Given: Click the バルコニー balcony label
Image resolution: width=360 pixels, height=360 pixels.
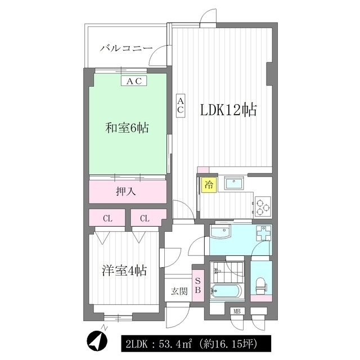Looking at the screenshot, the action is point(126,48).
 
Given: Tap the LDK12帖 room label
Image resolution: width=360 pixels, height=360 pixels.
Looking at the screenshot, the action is point(229,110).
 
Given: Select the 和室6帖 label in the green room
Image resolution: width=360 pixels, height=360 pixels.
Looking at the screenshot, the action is point(127,128).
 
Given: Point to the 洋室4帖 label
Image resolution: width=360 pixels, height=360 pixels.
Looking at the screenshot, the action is point(124,271).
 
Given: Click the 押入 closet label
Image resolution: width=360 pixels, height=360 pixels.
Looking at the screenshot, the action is point(126,191).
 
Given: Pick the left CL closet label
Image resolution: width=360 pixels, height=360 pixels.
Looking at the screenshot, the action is point(107,218).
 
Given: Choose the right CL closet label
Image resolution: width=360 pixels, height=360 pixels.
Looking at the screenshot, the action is point(145,218).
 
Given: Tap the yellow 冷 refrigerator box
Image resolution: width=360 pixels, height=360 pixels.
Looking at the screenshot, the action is point(209,184).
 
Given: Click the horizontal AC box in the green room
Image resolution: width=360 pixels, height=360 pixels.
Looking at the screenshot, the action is point(134,81).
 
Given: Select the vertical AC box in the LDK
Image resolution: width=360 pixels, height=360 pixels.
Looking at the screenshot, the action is point(181,106).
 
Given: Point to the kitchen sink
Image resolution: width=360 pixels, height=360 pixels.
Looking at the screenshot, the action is point(234,183).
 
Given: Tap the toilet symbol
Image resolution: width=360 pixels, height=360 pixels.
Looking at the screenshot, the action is point(261,286).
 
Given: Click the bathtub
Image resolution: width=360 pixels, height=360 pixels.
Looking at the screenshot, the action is point(226,291).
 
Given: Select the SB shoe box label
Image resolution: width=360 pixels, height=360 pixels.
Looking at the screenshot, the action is point(197,285).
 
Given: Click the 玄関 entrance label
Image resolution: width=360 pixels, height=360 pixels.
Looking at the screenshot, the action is point(179,291).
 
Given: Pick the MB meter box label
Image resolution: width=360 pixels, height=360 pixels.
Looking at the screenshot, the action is point(237,311).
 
